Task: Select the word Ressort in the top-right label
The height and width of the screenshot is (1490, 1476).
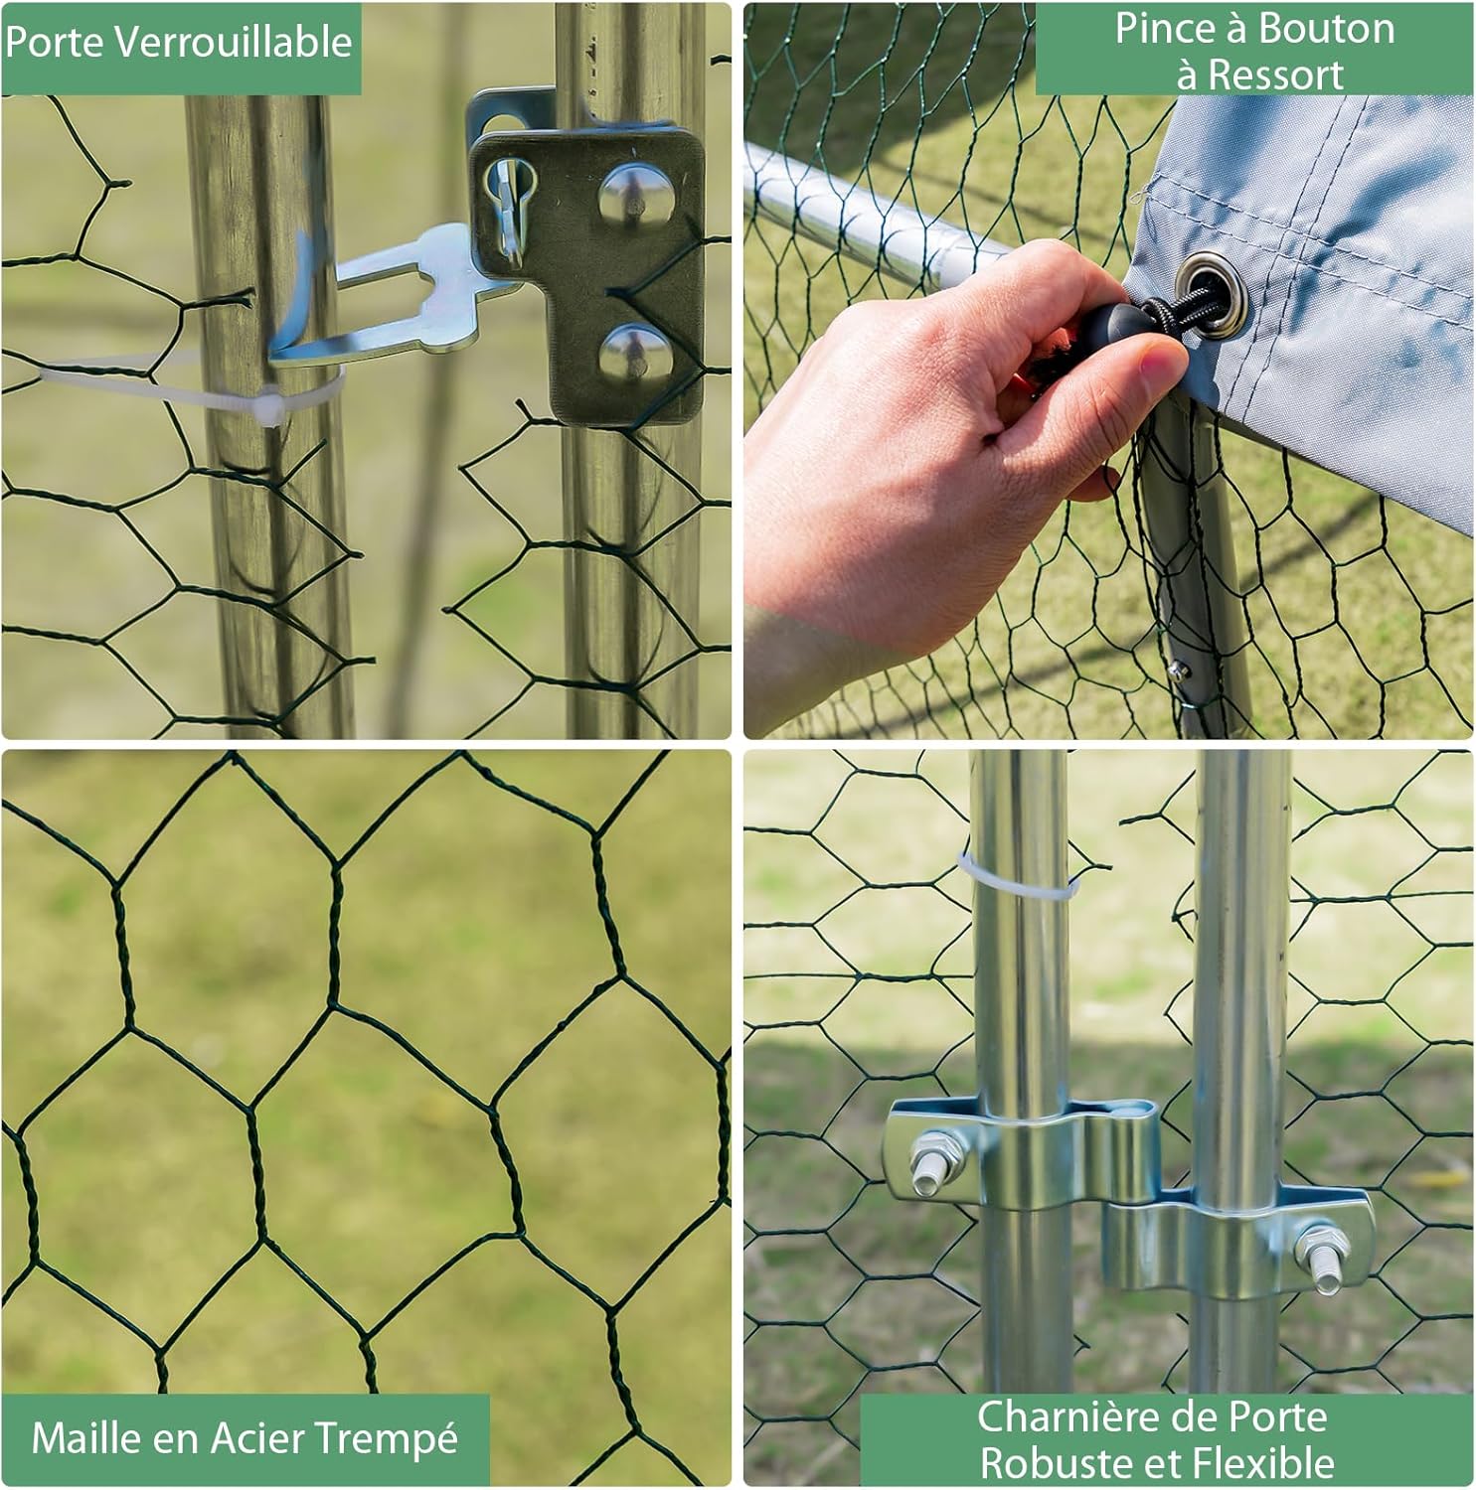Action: [1275, 74]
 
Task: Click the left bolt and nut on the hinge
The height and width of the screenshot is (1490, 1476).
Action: [934, 1159]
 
